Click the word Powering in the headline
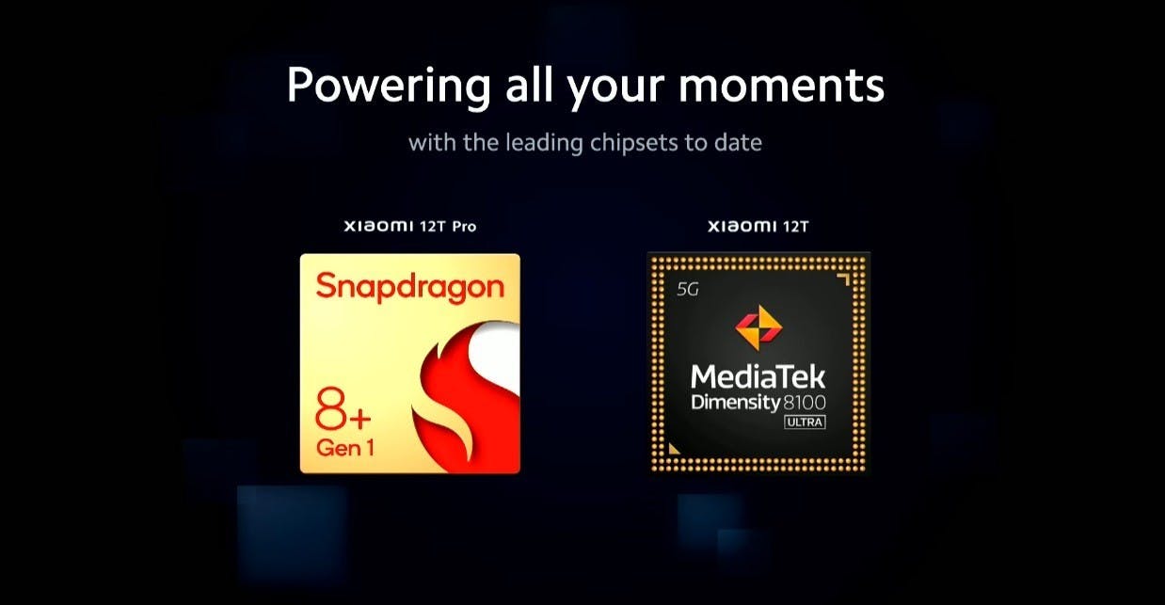389,86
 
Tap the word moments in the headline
781,86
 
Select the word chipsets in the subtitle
634,143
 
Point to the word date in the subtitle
738,142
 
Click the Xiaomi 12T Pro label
410,227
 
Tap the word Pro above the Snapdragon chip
464,227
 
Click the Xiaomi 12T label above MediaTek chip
758,227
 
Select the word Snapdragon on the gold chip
410,287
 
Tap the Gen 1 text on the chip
344,448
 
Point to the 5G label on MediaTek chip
688,289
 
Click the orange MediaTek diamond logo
758,327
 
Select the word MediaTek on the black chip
758,376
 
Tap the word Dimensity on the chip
735,403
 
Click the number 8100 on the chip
804,402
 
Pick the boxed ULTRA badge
805,422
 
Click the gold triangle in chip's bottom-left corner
674,449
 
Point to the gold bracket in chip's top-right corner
845,279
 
